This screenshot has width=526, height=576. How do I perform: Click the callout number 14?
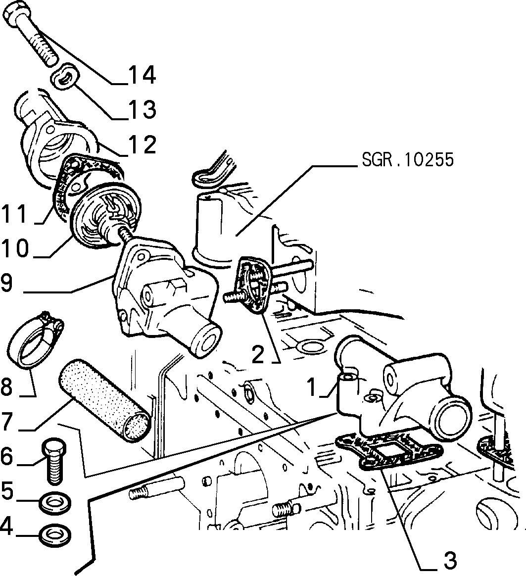point(142,75)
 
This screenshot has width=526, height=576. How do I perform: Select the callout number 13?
point(142,109)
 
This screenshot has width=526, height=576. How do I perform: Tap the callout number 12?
point(142,144)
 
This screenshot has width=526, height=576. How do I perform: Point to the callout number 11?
point(15,214)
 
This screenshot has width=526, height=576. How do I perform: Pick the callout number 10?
point(15,247)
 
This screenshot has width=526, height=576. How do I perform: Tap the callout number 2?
point(258,354)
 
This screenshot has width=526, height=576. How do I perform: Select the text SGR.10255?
point(408,159)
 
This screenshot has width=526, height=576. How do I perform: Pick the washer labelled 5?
point(55,502)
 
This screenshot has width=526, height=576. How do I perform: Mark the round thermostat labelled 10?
point(106,217)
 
